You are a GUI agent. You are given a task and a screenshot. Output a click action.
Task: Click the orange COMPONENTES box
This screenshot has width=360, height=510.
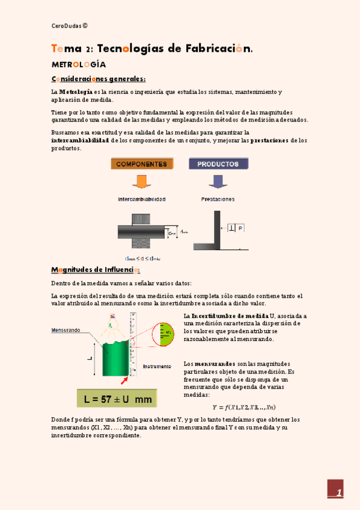pos(142,164)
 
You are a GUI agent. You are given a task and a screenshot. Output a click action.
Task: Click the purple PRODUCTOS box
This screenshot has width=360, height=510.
pos(218,164)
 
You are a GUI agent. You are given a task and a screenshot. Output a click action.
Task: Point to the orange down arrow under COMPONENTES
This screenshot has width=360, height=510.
pos(142,181)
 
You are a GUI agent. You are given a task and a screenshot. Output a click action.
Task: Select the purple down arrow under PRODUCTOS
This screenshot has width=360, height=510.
pos(218,181)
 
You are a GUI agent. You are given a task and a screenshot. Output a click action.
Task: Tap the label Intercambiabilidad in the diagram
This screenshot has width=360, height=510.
pos(142,198)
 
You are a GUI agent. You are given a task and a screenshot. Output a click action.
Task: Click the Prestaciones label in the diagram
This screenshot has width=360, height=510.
pos(218,198)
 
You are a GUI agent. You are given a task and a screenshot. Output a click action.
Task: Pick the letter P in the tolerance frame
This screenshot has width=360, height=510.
pos(240,229)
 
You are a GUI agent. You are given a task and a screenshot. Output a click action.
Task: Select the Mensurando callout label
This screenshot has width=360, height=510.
pos(66,330)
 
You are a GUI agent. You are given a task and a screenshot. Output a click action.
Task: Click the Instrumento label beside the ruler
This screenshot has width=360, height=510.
pos(157,366)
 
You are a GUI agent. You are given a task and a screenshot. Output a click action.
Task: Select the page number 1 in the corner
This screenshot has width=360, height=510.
pos(338,494)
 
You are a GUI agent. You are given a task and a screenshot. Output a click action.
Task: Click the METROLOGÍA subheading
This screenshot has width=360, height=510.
pos(79,64)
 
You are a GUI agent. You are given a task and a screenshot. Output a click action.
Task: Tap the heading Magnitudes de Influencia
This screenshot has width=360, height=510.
pos(96,269)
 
